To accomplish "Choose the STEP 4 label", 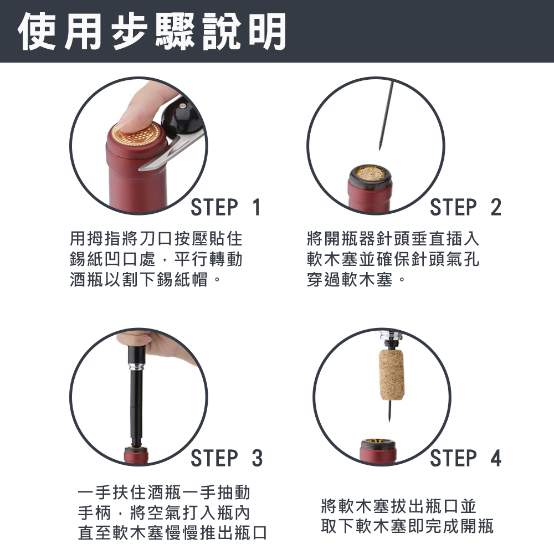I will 465,458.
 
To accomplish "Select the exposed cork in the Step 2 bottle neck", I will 370,175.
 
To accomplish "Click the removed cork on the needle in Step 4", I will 391,374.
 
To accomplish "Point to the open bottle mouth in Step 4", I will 378,443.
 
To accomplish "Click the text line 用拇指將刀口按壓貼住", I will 156,239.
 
